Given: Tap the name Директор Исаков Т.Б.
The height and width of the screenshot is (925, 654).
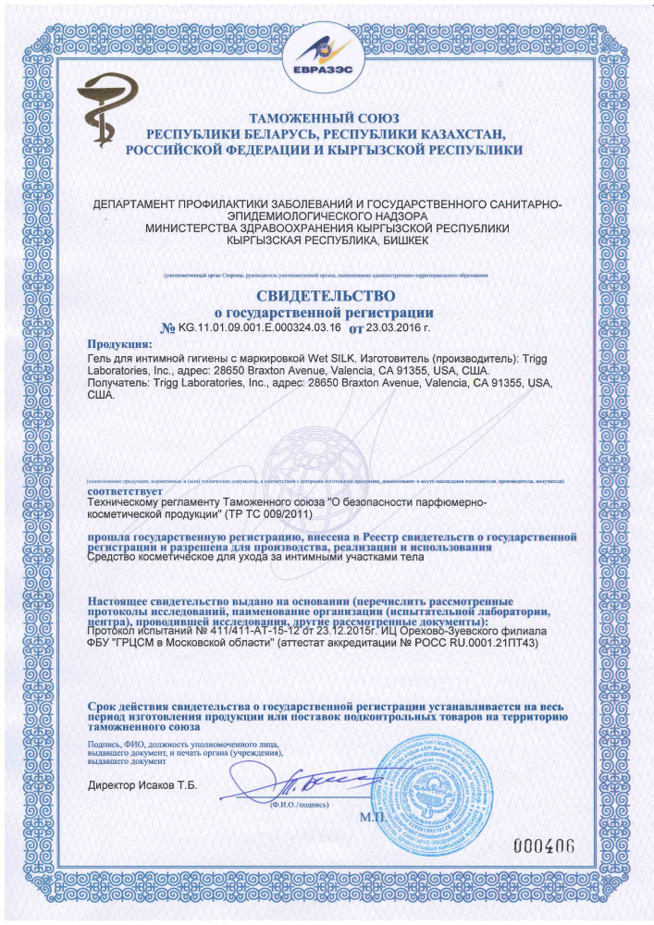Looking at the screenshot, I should pos(143,786).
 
